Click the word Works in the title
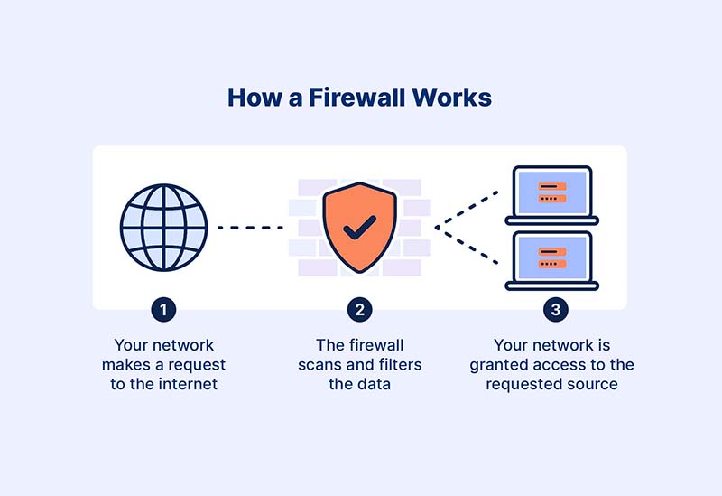click(453, 98)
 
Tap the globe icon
click(163, 227)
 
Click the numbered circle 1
click(163, 310)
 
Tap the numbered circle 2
click(359, 310)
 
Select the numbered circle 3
click(555, 310)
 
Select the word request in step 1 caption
click(199, 365)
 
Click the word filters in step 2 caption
click(397, 365)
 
